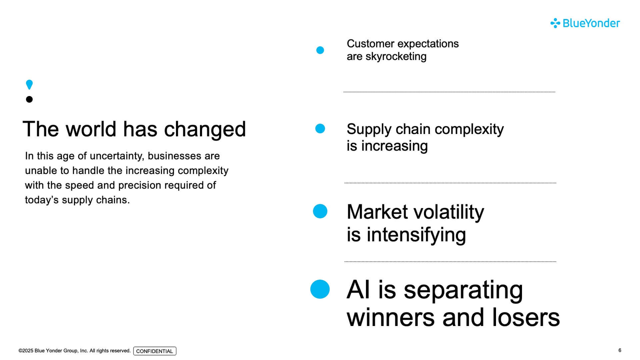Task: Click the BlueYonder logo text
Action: tap(591, 23)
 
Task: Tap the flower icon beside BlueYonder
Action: tap(555, 23)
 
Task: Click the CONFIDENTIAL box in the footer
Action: tap(154, 351)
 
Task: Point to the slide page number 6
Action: tap(620, 350)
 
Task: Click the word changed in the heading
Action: tap(205, 130)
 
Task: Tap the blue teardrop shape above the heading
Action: tap(29, 84)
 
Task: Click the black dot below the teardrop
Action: tap(29, 99)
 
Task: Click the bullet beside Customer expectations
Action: tap(320, 50)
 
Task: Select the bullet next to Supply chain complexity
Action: tap(320, 128)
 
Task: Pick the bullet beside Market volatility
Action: tap(320, 212)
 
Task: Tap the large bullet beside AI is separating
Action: tap(320, 289)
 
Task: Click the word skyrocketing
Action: tap(396, 56)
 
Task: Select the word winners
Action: tap(390, 318)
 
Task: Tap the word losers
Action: tap(526, 318)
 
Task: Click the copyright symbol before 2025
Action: tap(20, 350)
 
